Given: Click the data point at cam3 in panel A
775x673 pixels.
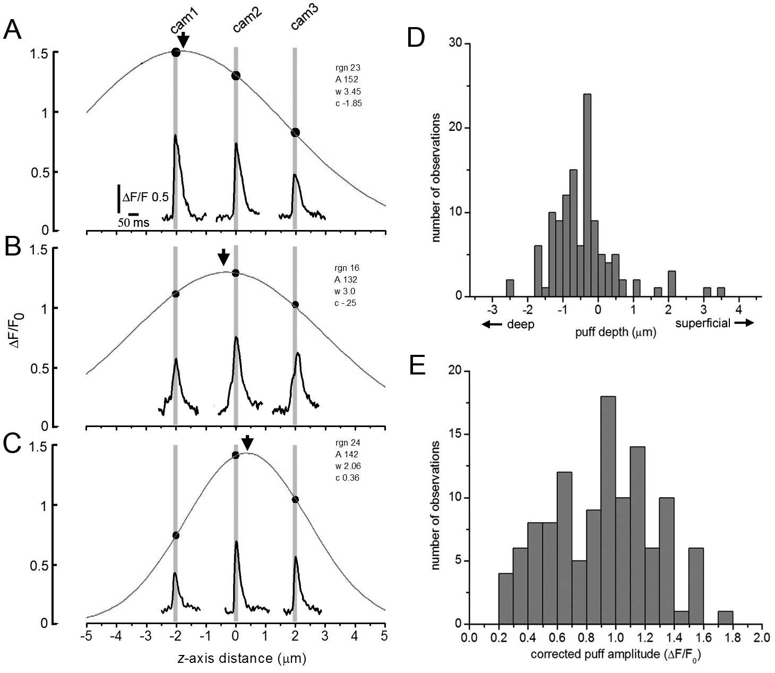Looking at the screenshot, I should point(295,132).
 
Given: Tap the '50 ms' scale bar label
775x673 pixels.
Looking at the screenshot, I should point(133,223).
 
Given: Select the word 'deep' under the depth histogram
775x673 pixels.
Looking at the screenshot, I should point(521,325).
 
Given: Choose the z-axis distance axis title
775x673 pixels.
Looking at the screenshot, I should point(236,659).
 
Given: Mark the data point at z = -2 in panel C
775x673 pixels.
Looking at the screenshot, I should point(176,535).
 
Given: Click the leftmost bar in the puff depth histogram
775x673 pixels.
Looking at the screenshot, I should point(510,288).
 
